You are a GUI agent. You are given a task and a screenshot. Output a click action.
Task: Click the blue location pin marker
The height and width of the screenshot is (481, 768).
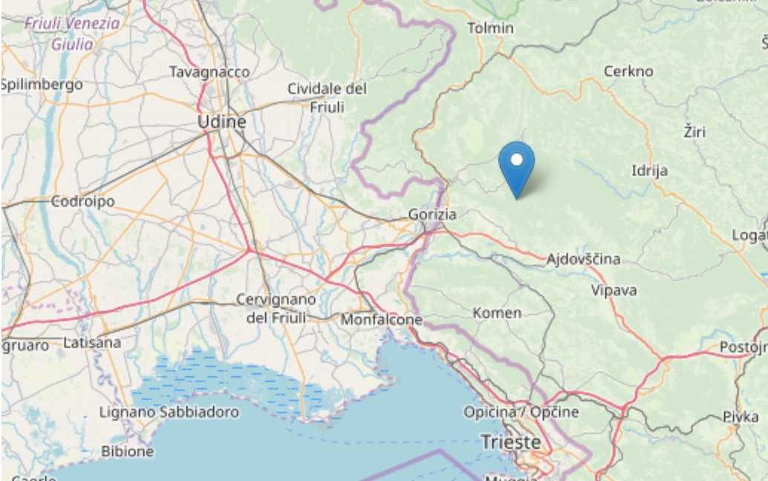[x=516, y=165]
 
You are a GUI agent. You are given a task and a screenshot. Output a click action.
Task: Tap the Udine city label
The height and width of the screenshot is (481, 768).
[x=221, y=122]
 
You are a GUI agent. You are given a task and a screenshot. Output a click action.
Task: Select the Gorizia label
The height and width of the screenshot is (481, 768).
[x=432, y=215]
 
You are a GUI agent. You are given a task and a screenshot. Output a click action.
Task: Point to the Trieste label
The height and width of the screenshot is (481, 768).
[x=511, y=442]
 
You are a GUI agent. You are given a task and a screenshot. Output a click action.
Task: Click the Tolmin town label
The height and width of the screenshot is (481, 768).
[x=490, y=28]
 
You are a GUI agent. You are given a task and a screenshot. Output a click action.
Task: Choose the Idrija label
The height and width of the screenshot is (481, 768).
[x=649, y=171]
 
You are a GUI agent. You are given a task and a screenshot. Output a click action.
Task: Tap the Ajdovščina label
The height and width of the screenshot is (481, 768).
[x=583, y=259]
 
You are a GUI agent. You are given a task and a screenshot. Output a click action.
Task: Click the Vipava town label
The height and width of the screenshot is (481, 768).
[x=614, y=290]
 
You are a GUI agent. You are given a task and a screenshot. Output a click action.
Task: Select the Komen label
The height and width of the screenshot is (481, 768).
[x=497, y=313]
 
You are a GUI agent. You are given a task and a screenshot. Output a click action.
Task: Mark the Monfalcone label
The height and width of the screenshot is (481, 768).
[x=381, y=320]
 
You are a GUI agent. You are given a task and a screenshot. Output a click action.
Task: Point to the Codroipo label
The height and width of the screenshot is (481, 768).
[x=82, y=201]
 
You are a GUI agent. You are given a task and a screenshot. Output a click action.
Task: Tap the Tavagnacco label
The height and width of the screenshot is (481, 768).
[x=209, y=72]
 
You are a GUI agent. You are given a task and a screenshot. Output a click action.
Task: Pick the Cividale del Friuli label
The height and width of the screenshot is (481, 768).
[x=328, y=98]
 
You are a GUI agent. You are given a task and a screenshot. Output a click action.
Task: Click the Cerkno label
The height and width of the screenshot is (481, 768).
[x=628, y=71]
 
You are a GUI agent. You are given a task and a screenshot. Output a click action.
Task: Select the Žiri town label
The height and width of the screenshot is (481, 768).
[x=694, y=132]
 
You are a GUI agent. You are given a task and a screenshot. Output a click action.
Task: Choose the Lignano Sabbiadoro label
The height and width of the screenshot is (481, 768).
[x=169, y=412]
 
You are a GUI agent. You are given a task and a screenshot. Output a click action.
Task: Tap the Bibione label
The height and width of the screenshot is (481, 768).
[x=128, y=451]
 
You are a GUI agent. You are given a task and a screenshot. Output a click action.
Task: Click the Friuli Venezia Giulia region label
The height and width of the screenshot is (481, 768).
[x=72, y=33]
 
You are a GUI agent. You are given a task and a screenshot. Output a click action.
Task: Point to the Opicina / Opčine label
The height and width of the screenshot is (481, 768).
[x=521, y=412]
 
